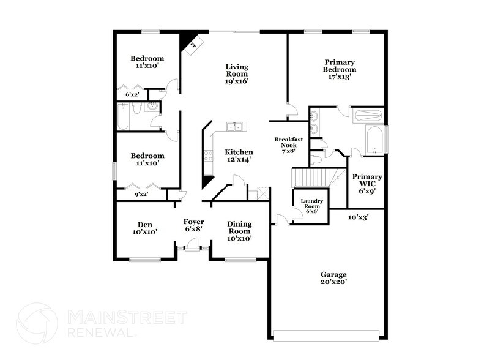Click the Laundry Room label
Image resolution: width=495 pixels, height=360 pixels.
point(311,205)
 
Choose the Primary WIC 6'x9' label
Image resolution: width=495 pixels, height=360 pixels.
point(367,183)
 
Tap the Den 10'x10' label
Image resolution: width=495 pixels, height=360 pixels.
point(145,228)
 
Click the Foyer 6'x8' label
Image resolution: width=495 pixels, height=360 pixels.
point(194,225)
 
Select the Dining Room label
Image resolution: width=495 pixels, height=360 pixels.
point(239,231)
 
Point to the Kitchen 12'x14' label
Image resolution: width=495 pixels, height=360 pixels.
point(238,156)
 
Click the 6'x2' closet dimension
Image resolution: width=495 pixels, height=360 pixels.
point(132,95)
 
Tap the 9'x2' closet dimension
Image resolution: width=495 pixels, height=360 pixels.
point(141,195)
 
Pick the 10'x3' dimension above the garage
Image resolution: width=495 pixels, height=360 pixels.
point(358,217)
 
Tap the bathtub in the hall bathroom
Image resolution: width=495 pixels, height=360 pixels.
point(123,116)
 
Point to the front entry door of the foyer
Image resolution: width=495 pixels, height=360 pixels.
point(193,246)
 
